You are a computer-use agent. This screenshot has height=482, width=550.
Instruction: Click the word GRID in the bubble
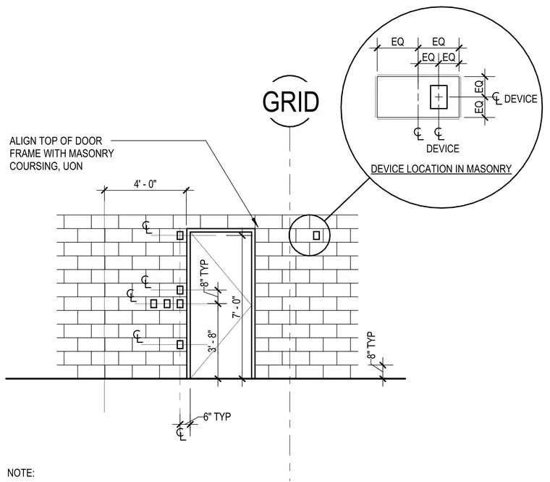point(291,102)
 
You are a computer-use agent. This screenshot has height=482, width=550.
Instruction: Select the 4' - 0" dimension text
point(145,183)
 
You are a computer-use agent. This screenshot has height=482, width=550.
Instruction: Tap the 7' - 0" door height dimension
point(237,308)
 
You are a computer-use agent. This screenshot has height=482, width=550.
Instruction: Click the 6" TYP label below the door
point(217,417)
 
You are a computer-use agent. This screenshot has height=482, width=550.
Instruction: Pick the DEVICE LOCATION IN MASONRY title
point(441,169)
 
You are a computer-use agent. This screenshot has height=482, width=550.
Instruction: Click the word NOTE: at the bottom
point(21,473)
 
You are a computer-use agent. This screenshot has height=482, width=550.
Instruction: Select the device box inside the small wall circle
point(316,235)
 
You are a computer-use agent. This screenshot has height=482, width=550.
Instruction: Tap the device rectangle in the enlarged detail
point(439,96)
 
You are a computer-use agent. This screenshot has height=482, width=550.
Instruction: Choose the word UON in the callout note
point(73,166)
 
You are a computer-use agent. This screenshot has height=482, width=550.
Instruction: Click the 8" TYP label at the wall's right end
point(371,345)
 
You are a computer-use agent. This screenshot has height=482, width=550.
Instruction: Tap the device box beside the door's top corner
point(180,236)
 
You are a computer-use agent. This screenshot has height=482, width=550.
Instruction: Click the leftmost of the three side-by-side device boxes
point(153,304)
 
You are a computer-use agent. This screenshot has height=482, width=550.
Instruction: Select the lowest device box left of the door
point(180,344)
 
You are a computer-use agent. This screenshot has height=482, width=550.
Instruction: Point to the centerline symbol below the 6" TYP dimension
point(181,433)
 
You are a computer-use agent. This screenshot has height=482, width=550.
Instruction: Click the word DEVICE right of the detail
point(520,99)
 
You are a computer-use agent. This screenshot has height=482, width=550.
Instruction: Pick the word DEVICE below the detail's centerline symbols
point(443,149)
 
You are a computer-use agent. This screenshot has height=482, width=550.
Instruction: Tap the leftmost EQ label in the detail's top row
point(398,42)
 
